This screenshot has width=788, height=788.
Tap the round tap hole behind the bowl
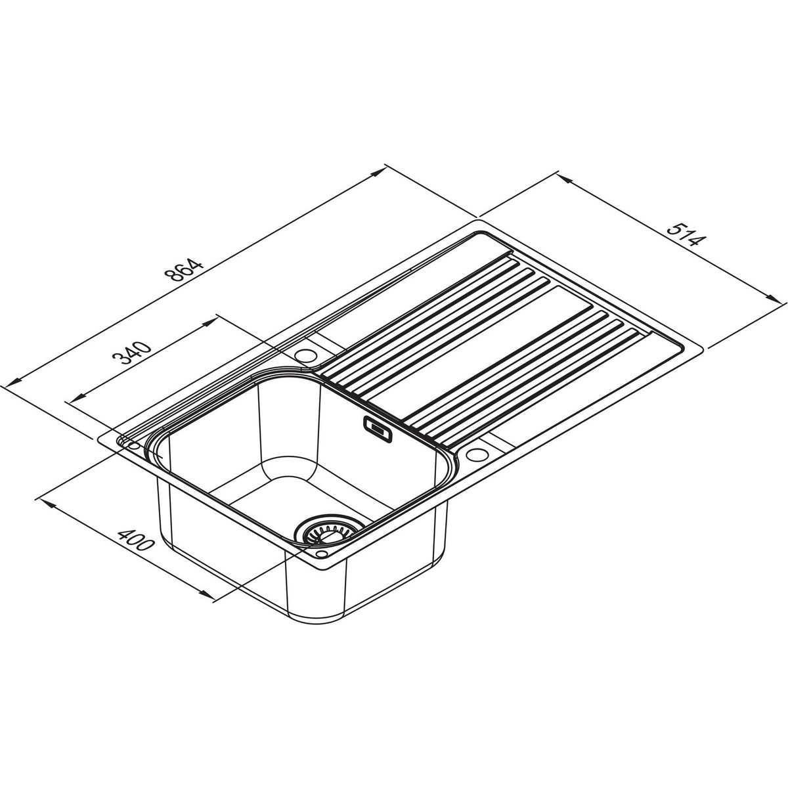pyautogui.click(x=305, y=355)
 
